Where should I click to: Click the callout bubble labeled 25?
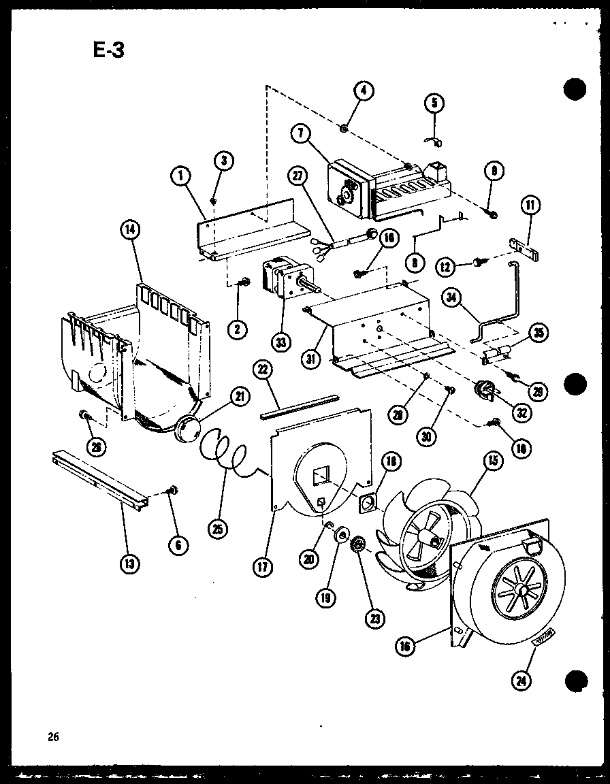(x=219, y=529)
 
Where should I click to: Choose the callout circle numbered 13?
(x=129, y=563)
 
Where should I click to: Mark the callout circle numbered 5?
(x=434, y=103)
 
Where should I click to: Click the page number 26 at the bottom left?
(x=54, y=736)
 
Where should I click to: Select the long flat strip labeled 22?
(x=300, y=405)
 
